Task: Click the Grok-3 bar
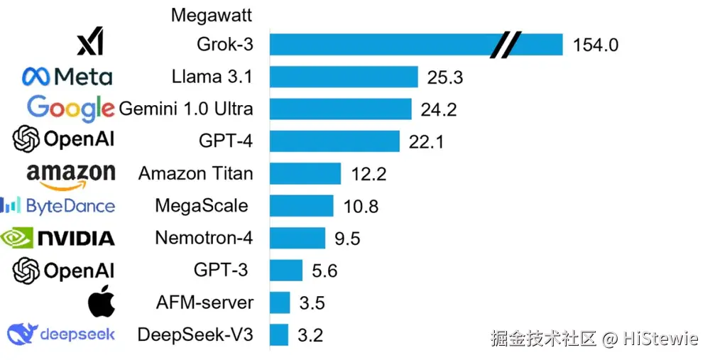[383, 45]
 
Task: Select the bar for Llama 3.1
[344, 77]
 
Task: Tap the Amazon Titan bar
[305, 173]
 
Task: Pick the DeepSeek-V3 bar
[279, 334]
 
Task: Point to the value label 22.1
[426, 142]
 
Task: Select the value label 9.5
[347, 239]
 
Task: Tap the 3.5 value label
[312, 303]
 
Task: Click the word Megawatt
[212, 14]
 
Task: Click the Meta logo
[67, 77]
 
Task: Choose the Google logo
[70, 109]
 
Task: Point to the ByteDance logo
[57, 206]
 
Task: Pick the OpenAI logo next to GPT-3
[64, 270]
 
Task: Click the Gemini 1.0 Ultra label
[186, 109]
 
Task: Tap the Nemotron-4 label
[204, 238]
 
